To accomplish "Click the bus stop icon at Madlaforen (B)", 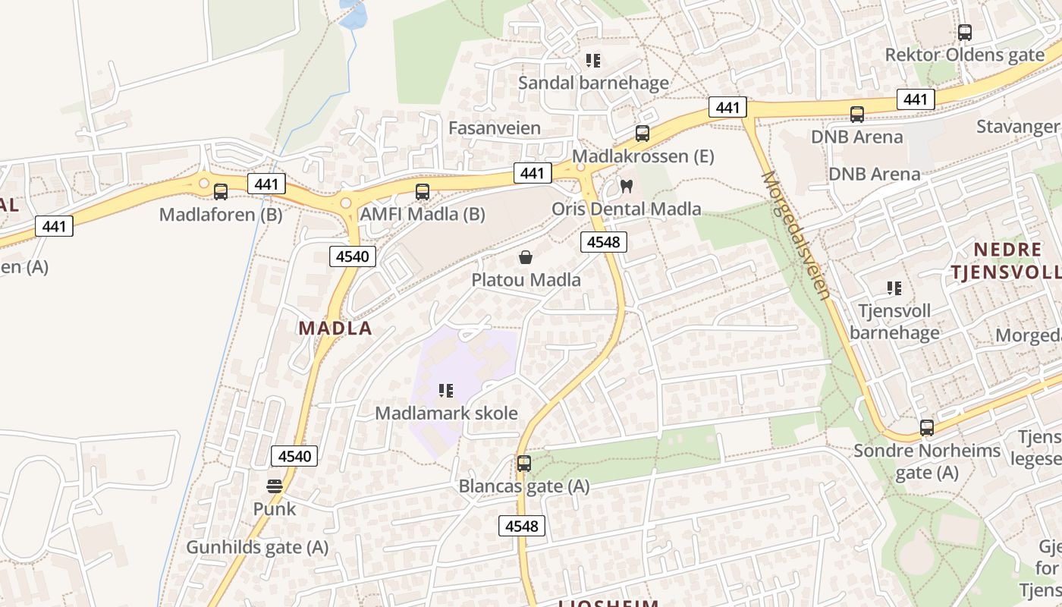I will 221,192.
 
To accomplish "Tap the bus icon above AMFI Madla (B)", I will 423,192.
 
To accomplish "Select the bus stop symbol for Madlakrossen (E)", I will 643,134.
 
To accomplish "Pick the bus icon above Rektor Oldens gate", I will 965,33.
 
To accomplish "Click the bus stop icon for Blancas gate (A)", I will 524,464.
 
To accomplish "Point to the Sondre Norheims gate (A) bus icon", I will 927,428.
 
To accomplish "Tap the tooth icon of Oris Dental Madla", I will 627,186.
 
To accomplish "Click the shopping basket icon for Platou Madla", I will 526,257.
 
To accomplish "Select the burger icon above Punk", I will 275,486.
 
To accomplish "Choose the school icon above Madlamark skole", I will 446,391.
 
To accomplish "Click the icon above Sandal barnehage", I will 593,60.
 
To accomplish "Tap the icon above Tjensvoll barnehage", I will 894,288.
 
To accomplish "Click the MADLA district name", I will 335,329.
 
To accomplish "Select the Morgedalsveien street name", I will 796,234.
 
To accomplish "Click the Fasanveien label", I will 495,127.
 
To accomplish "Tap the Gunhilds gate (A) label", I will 257,547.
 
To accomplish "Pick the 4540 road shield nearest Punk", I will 294,456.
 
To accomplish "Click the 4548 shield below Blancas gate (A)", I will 522,526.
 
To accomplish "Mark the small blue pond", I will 353,14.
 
